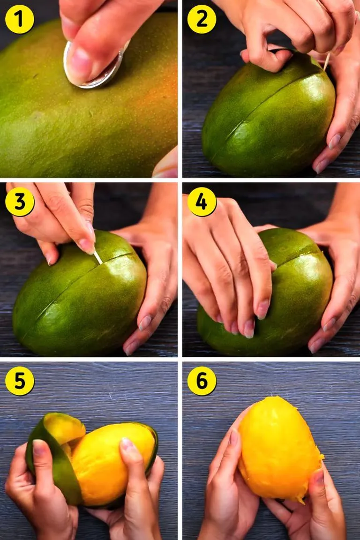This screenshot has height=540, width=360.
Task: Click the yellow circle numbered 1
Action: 19,19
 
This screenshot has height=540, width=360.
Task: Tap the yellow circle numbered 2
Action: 202,19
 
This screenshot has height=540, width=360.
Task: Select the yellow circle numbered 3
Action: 19,202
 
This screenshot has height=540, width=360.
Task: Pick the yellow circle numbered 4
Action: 202,202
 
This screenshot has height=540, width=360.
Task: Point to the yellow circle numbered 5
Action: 19,381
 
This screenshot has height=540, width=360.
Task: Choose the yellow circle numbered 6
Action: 202,381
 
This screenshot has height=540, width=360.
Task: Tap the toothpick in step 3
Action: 98,258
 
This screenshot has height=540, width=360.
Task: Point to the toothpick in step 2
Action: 327,61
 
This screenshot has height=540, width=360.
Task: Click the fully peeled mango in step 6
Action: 279,448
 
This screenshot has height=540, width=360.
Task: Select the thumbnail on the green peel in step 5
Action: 38,447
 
